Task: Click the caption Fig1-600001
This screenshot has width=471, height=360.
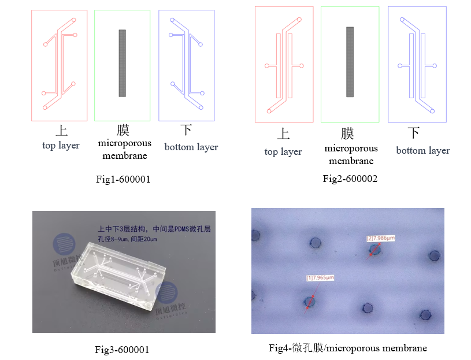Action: click(123, 179)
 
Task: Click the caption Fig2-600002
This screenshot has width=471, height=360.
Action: click(350, 179)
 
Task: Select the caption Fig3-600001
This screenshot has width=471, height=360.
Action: click(122, 349)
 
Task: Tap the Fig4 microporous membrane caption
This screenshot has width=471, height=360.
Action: click(348, 348)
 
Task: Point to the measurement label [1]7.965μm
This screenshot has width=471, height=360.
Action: click(320, 278)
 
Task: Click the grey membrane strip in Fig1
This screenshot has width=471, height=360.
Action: click(123, 63)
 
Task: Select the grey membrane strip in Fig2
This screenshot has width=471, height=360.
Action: click(350, 62)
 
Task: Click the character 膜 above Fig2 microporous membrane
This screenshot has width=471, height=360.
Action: click(347, 134)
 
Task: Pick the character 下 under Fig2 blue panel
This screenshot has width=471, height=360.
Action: click(414, 133)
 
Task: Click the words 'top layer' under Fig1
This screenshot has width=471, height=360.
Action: click(61, 146)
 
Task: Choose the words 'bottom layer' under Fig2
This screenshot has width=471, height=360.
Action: click(422, 151)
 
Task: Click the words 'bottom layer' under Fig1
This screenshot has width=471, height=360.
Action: click(191, 147)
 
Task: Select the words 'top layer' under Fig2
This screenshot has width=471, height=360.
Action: click(283, 152)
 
